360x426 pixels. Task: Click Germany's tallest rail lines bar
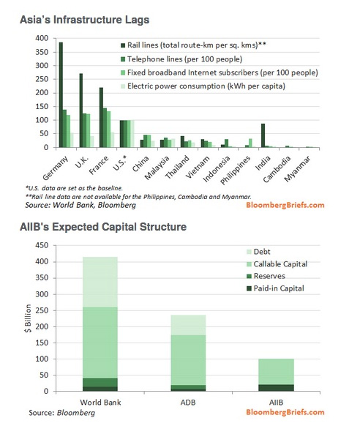click(61, 95)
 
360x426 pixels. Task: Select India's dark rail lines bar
click(263, 135)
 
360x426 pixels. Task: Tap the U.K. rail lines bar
click(81, 111)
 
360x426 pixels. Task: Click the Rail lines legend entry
click(193, 45)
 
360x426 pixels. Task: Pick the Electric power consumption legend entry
click(203, 86)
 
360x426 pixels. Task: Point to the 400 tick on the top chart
click(42, 38)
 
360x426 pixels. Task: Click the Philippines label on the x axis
click(236, 171)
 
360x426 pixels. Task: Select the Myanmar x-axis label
click(298, 169)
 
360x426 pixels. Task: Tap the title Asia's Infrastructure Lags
click(84, 20)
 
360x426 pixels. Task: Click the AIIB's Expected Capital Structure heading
click(103, 227)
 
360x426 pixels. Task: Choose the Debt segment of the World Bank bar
click(100, 282)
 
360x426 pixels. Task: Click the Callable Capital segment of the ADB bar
click(188, 360)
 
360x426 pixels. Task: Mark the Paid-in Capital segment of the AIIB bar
click(277, 388)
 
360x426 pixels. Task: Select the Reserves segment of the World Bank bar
click(100, 382)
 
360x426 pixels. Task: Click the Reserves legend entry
click(266, 276)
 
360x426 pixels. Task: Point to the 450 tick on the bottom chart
click(42, 245)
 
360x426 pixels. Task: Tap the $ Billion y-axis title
click(28, 318)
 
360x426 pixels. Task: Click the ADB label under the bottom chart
click(188, 403)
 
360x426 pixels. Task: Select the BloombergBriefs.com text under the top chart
click(285, 205)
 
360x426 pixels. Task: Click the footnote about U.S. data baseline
click(74, 188)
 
